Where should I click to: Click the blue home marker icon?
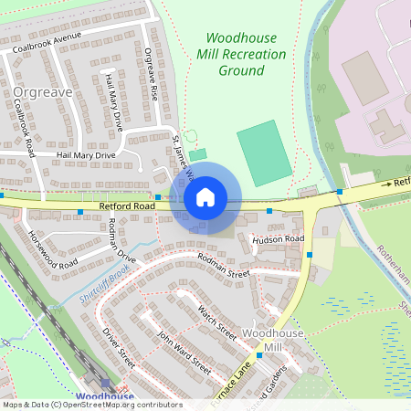pos(205,197)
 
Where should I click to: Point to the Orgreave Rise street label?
pos(153,74)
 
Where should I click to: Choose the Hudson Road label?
pos(277,239)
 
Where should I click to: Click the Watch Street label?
pos(216,322)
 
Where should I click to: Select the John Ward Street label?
pos(184,353)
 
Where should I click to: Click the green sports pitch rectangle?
pos(264,153)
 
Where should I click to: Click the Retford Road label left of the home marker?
pos(125,208)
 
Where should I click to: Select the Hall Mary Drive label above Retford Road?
pos(86,155)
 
